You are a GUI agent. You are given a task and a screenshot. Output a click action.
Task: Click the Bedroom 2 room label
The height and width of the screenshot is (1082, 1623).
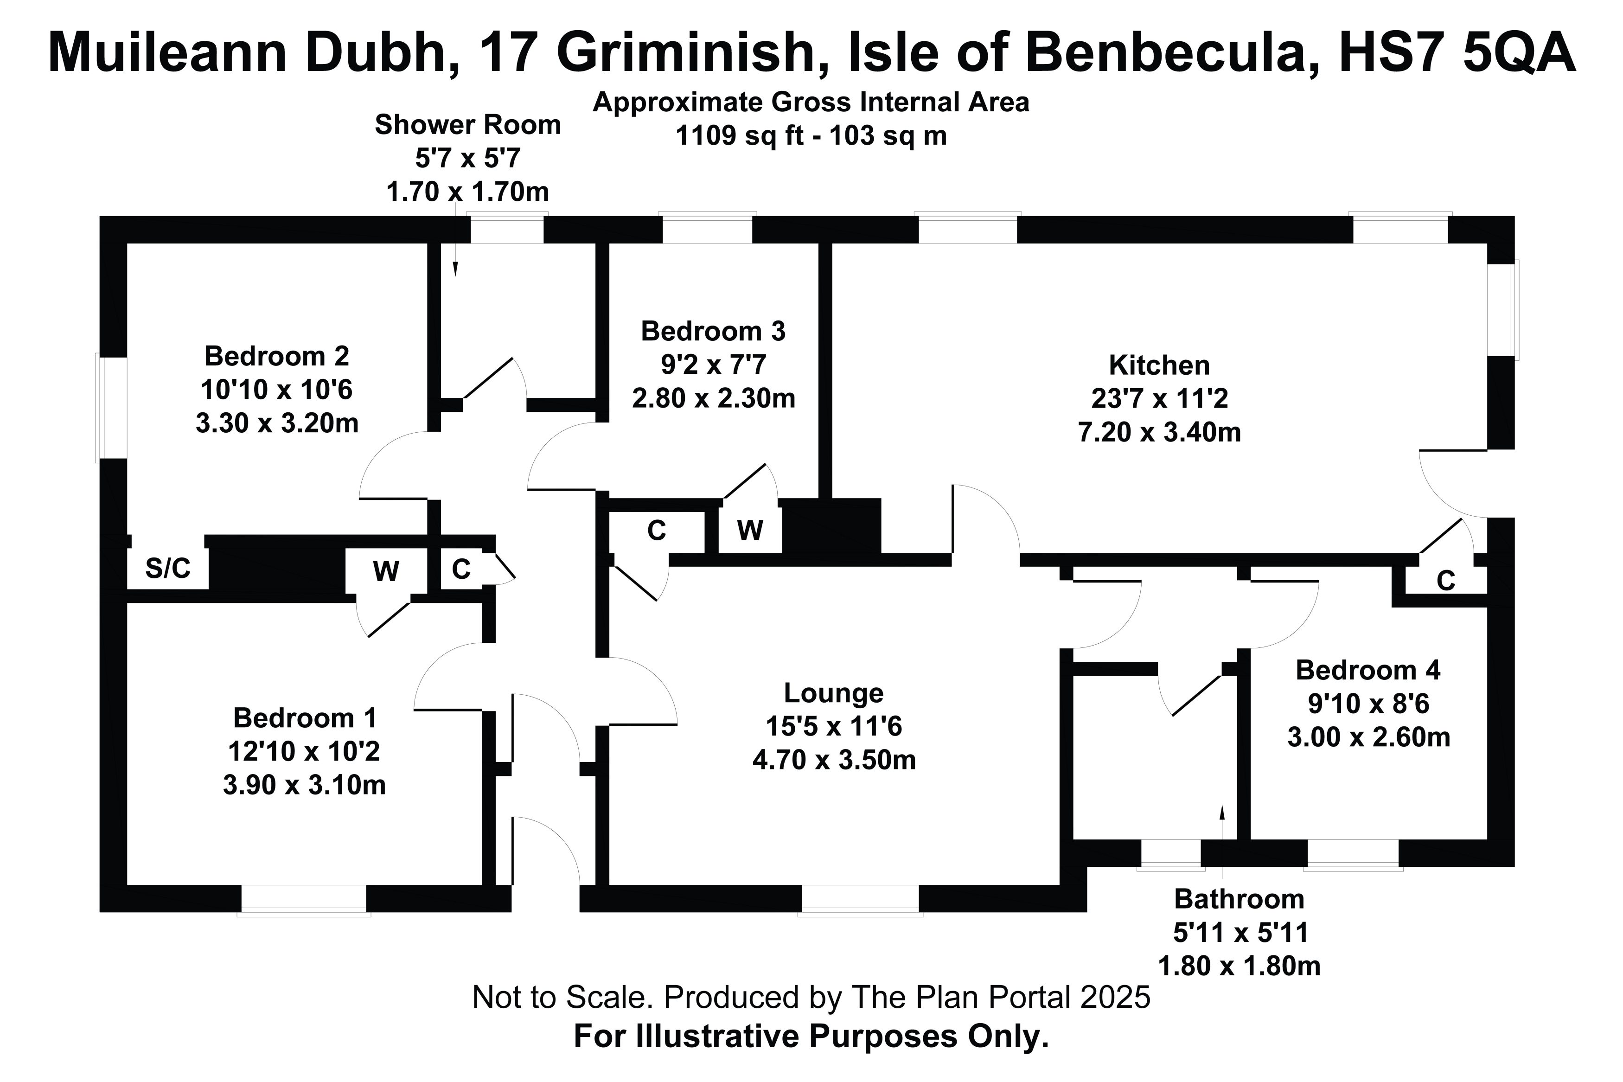pyautogui.click(x=276, y=356)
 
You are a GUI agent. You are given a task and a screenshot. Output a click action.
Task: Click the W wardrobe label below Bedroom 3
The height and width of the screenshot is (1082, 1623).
pyautogui.click(x=750, y=531)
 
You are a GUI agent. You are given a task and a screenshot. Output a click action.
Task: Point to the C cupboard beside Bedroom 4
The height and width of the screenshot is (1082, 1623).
pyautogui.click(x=1446, y=581)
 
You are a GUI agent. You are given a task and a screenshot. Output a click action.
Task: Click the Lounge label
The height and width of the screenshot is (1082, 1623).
pyautogui.click(x=834, y=693)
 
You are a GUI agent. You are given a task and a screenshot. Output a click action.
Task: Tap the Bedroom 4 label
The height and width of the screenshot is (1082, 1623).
pyautogui.click(x=1368, y=670)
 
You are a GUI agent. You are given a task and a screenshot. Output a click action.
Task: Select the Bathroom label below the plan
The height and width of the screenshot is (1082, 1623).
pyautogui.click(x=1239, y=899)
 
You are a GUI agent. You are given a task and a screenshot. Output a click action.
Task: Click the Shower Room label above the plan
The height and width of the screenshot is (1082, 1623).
pyautogui.click(x=467, y=125)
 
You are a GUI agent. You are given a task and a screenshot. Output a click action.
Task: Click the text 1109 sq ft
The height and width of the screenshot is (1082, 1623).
pyautogui.click(x=740, y=135)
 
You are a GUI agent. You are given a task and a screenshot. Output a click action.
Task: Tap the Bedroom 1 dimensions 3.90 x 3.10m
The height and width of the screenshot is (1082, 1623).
pyautogui.click(x=304, y=785)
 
